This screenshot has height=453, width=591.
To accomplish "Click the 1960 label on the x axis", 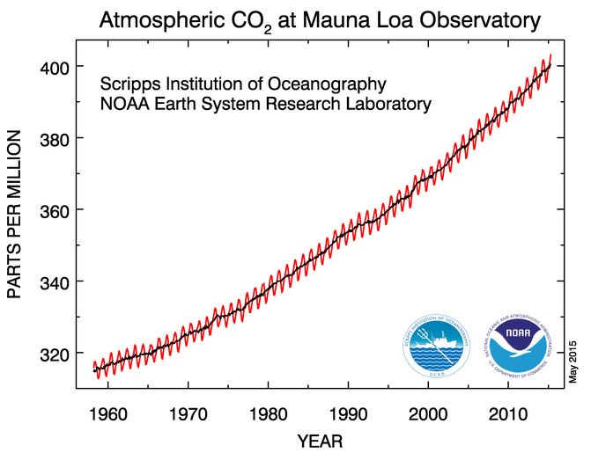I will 110,412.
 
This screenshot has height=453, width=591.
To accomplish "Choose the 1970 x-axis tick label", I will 188,412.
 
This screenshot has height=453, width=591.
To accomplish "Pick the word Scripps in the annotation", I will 129,85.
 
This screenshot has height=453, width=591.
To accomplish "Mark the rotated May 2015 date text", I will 572,361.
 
